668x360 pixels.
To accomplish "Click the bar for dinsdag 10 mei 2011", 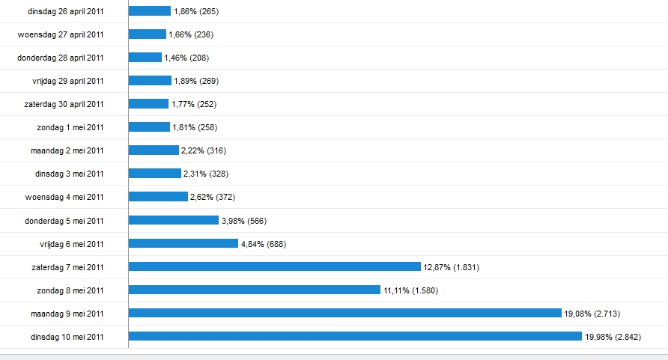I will pyautogui.click(x=355, y=336).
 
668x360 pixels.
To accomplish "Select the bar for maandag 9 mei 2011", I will pyautogui.click(x=344, y=313).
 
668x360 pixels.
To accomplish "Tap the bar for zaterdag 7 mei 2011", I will pyautogui.click(x=274, y=266).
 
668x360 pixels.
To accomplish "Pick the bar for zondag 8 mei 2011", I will pyautogui.click(x=255, y=290).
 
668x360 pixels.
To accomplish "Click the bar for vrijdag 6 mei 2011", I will pyautogui.click(x=183, y=243).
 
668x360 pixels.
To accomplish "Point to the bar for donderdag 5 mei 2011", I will pyautogui.click(x=173, y=220).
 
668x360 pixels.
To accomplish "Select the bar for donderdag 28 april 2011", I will pyautogui.click(x=145, y=58).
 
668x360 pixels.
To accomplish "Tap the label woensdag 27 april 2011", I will pyautogui.click(x=61, y=34).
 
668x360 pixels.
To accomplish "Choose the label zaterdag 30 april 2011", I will pyautogui.click(x=64, y=104).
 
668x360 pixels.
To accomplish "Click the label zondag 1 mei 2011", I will pyautogui.click(x=70, y=127).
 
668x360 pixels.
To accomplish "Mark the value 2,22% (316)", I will pyautogui.click(x=204, y=150).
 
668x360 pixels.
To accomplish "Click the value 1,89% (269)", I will pyautogui.click(x=195, y=81).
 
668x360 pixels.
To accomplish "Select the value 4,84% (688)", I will pyautogui.click(x=264, y=244).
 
